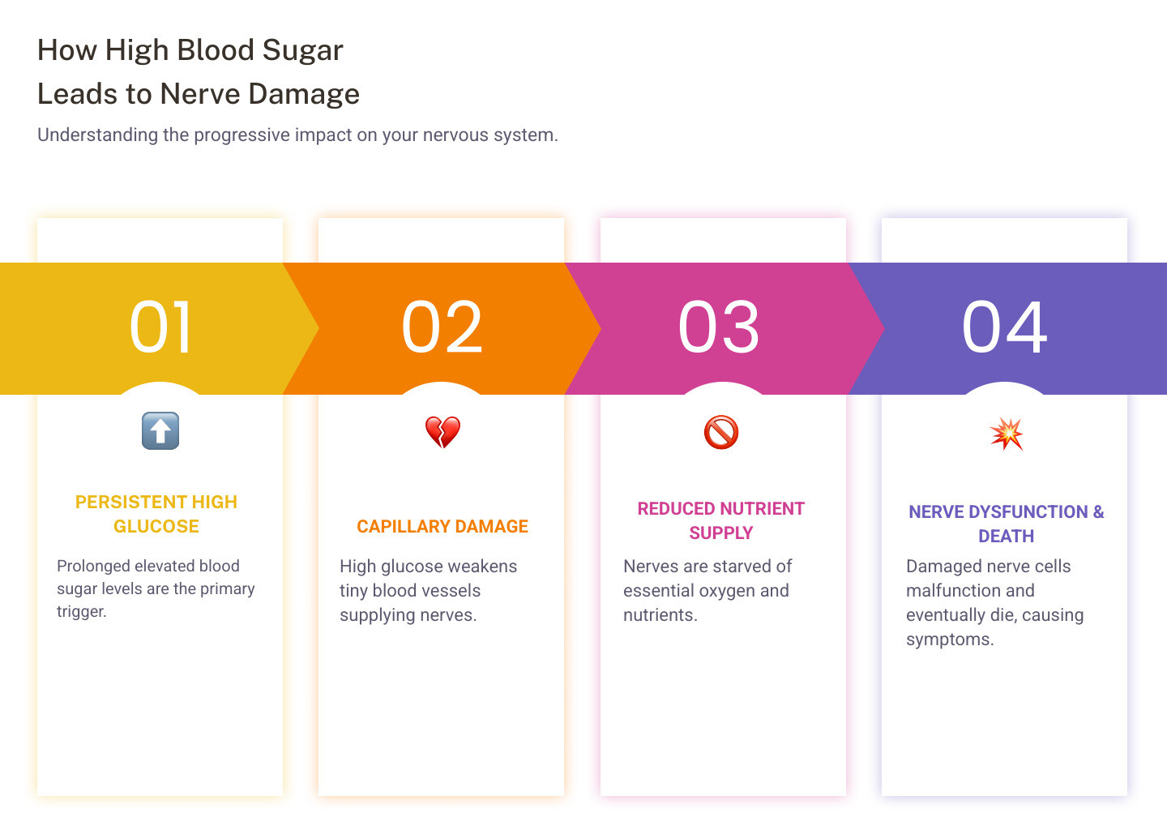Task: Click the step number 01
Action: click(161, 327)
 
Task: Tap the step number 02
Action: click(442, 327)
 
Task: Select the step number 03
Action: click(719, 327)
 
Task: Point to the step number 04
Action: click(1004, 327)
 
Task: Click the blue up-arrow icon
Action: click(160, 430)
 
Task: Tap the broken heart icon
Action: click(442, 432)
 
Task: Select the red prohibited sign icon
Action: click(721, 432)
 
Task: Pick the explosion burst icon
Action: click(1007, 434)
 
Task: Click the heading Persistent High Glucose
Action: click(156, 514)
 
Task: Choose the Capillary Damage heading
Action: click(442, 527)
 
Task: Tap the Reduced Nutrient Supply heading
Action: click(721, 520)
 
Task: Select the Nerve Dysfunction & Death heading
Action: click(1006, 524)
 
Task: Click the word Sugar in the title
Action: click(303, 50)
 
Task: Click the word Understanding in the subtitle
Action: click(97, 135)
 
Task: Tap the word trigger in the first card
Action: click(81, 612)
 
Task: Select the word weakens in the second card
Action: click(482, 567)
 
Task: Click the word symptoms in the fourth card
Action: click(950, 640)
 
